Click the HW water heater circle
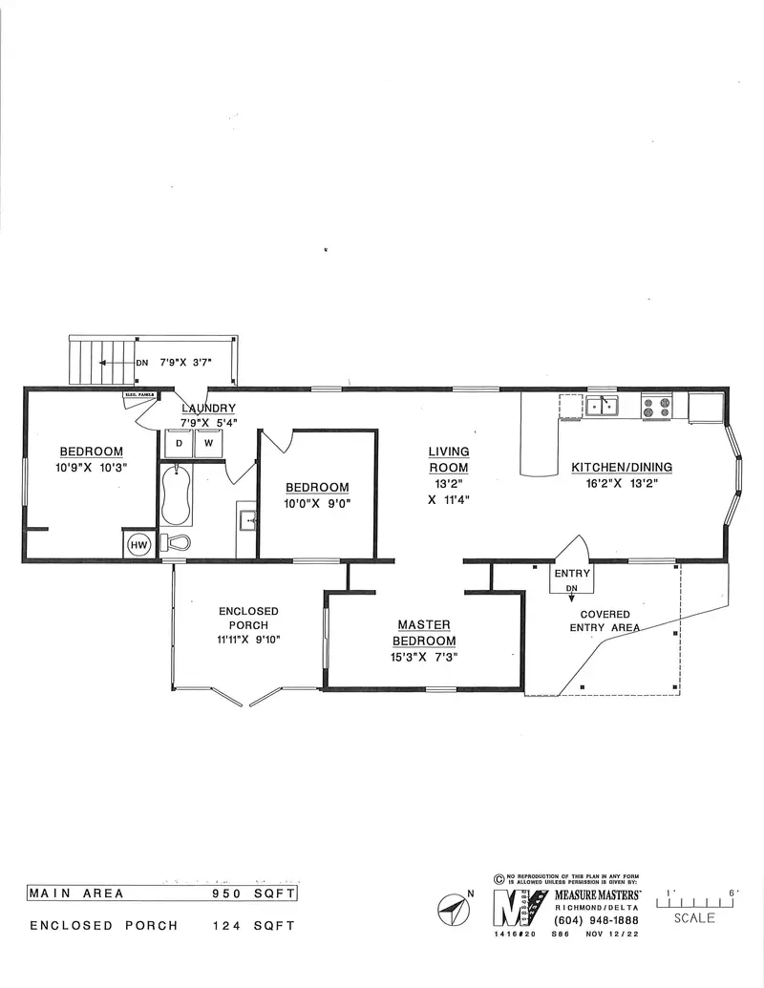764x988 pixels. pyautogui.click(x=139, y=543)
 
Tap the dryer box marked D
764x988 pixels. pyautogui.click(x=179, y=443)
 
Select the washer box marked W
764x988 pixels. pyautogui.click(x=207, y=443)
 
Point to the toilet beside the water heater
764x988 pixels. pyautogui.click(x=178, y=542)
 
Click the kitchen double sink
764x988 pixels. pyautogui.click(x=602, y=407)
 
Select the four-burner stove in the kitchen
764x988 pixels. pyautogui.click(x=656, y=407)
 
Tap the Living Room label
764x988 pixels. pyautogui.click(x=448, y=460)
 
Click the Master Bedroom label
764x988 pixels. pyautogui.click(x=426, y=633)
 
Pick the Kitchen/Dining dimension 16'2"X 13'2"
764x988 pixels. pyautogui.click(x=622, y=483)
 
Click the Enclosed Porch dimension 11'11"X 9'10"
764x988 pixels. pyautogui.click(x=248, y=639)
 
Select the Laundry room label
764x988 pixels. pyautogui.click(x=208, y=409)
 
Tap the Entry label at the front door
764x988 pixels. pyautogui.click(x=573, y=574)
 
